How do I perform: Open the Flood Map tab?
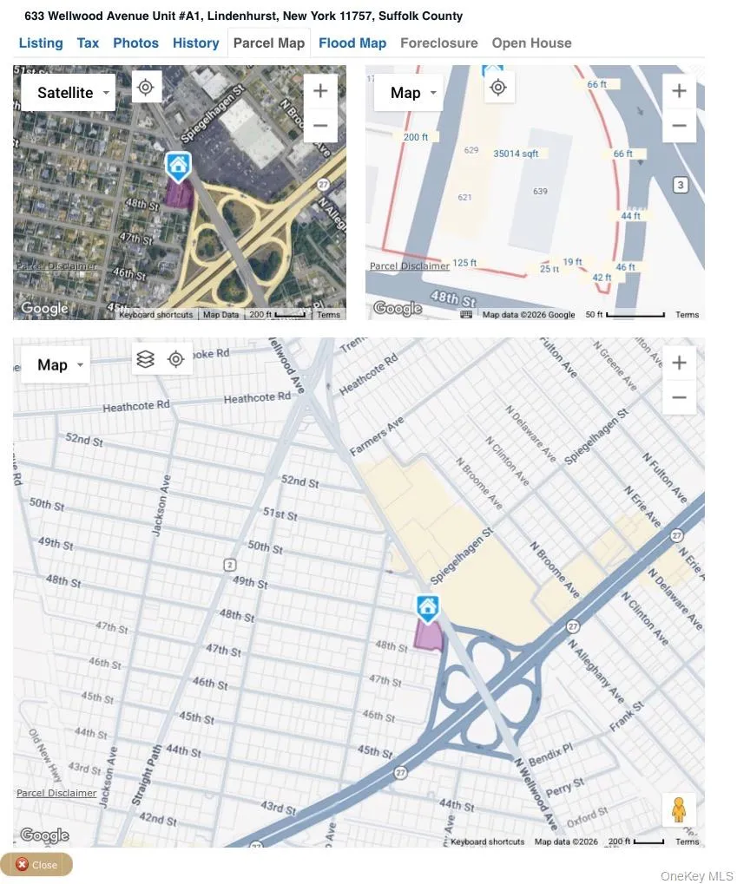click(x=352, y=43)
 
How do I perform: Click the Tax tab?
click(x=88, y=43)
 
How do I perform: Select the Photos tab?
click(x=135, y=43)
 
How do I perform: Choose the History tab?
click(x=195, y=43)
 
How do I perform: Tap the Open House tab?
click(x=531, y=43)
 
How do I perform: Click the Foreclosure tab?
click(x=438, y=43)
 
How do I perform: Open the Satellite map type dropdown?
click(x=68, y=93)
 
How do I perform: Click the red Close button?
click(x=36, y=864)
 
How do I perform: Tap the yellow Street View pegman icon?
click(x=679, y=810)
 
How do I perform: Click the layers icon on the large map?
click(x=146, y=359)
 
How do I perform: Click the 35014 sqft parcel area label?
click(x=516, y=154)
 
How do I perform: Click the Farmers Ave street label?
click(x=377, y=436)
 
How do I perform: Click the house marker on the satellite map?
click(x=178, y=165)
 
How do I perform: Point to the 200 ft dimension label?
click(x=416, y=137)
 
